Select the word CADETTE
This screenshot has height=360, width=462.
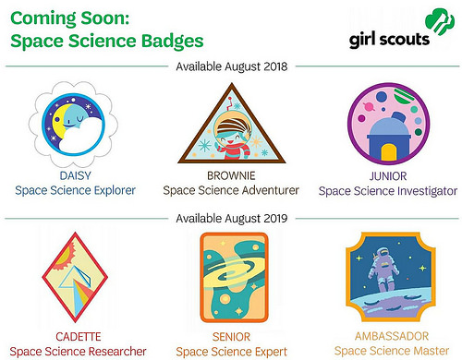point(75,335)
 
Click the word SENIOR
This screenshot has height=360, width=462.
point(230,335)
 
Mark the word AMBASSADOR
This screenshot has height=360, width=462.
point(388,335)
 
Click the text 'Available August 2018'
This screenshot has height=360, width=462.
point(230,66)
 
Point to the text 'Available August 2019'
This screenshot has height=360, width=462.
point(230,219)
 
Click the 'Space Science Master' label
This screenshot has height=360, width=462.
point(388,351)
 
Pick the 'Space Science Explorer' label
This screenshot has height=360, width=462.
point(75,190)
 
